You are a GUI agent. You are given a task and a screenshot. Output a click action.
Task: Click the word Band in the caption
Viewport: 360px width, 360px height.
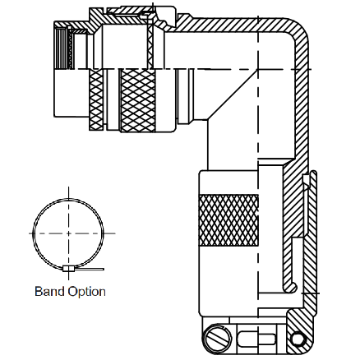tap(50, 291)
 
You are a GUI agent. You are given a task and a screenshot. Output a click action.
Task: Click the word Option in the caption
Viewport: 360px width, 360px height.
tap(87, 292)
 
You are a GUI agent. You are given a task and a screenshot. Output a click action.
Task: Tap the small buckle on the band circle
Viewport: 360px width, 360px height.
tap(68, 269)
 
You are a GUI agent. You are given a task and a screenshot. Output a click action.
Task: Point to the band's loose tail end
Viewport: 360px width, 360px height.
tap(103, 269)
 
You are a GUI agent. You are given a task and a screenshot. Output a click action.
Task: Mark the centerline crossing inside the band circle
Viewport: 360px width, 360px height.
tap(68, 233)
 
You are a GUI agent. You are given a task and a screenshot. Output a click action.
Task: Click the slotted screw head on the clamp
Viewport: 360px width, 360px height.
tap(218, 338)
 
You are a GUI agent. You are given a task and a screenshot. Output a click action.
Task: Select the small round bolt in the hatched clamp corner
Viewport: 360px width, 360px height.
tap(298, 339)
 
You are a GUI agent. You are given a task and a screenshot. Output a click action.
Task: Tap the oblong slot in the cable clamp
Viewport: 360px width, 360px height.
tap(256, 339)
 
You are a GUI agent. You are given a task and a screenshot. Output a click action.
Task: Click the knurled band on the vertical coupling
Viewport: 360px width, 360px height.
tap(228, 219)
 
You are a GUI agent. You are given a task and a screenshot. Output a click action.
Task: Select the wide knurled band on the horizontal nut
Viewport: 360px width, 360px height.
tap(138, 100)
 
